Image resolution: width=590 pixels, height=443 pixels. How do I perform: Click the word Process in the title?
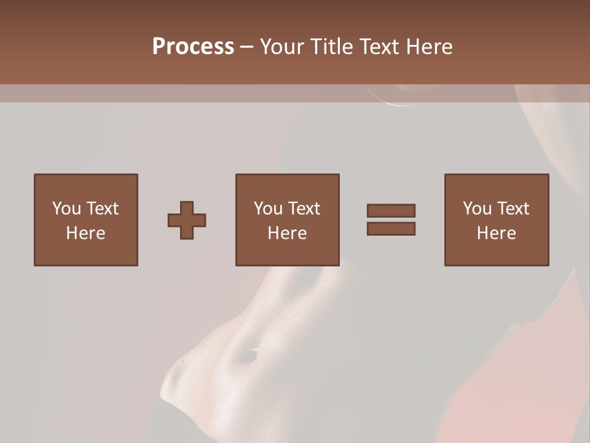pyautogui.click(x=193, y=47)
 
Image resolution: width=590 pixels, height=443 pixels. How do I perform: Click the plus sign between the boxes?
pyautogui.click(x=187, y=220)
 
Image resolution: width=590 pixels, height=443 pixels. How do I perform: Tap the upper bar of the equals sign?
pyautogui.click(x=391, y=210)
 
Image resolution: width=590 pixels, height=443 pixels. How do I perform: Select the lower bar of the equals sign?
pyautogui.click(x=391, y=229)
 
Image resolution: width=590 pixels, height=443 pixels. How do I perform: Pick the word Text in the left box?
pyautogui.click(x=101, y=209)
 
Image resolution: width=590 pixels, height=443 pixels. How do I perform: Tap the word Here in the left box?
pyautogui.click(x=85, y=233)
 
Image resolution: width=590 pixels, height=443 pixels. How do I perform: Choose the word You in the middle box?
pyautogui.click(x=268, y=209)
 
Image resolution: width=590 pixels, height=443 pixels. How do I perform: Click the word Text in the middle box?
pyautogui.click(x=303, y=209)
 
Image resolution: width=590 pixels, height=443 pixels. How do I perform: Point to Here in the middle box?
pyautogui.click(x=287, y=233)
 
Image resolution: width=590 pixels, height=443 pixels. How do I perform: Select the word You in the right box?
pyautogui.click(x=477, y=209)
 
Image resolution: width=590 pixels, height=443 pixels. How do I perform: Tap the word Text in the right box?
pyautogui.click(x=512, y=209)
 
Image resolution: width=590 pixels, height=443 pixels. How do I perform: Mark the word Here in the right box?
pyautogui.click(x=496, y=233)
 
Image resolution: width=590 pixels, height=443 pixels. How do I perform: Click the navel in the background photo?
pyautogui.click(x=248, y=355)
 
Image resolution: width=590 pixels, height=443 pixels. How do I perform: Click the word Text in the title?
pyautogui.click(x=378, y=47)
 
